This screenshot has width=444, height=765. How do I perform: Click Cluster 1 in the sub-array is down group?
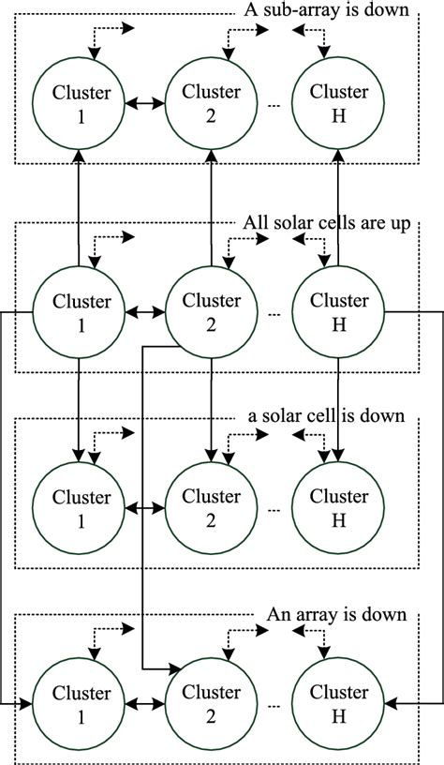(81, 103)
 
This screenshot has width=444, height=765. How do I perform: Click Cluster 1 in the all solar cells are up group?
(81, 311)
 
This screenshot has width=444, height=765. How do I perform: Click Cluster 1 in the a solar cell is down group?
(81, 507)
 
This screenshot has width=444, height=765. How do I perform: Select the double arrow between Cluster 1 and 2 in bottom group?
(146, 702)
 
